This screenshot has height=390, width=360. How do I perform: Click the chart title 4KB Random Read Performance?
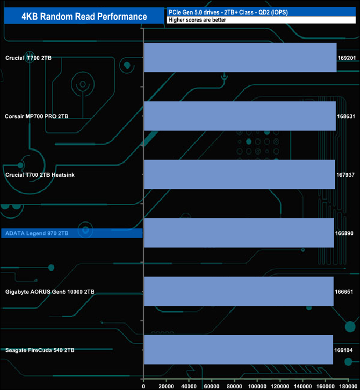pyautogui.click(x=84, y=17)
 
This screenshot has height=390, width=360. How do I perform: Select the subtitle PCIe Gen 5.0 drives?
pyautogui.click(x=194, y=12)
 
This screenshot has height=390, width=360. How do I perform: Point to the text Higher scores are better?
pyautogui.click(x=197, y=20)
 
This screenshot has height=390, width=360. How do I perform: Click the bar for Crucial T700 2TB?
pyautogui.click(x=240, y=58)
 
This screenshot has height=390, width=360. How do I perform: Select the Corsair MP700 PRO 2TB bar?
pyautogui.click(x=240, y=116)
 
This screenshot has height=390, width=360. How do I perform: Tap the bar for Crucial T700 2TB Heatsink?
pyautogui.click(x=239, y=175)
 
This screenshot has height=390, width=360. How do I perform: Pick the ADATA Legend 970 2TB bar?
pyautogui.click(x=239, y=233)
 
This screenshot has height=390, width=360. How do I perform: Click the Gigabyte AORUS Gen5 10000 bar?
pyautogui.click(x=239, y=291)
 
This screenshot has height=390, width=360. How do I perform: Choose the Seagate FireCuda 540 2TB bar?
pyautogui.click(x=238, y=350)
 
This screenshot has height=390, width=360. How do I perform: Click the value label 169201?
pyautogui.click(x=347, y=58)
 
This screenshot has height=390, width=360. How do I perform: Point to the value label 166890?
pyautogui.click(x=344, y=233)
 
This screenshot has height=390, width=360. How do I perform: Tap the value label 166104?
pyautogui.click(x=343, y=350)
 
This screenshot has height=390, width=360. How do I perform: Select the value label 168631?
pyautogui.click(x=346, y=116)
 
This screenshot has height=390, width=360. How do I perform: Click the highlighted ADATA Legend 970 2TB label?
pyautogui.click(x=37, y=233)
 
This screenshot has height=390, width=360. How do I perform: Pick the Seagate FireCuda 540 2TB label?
pyautogui.click(x=40, y=350)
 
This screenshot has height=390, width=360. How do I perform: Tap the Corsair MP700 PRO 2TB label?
pyautogui.click(x=37, y=116)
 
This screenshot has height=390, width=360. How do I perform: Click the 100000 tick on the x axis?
pyautogui.click(x=257, y=386)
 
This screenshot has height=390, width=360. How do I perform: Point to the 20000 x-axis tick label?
pyautogui.click(x=166, y=386)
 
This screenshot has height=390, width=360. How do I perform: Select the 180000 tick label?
pyautogui.click(x=348, y=386)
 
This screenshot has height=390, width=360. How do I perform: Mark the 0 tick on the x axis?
pyautogui.click(x=143, y=386)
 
